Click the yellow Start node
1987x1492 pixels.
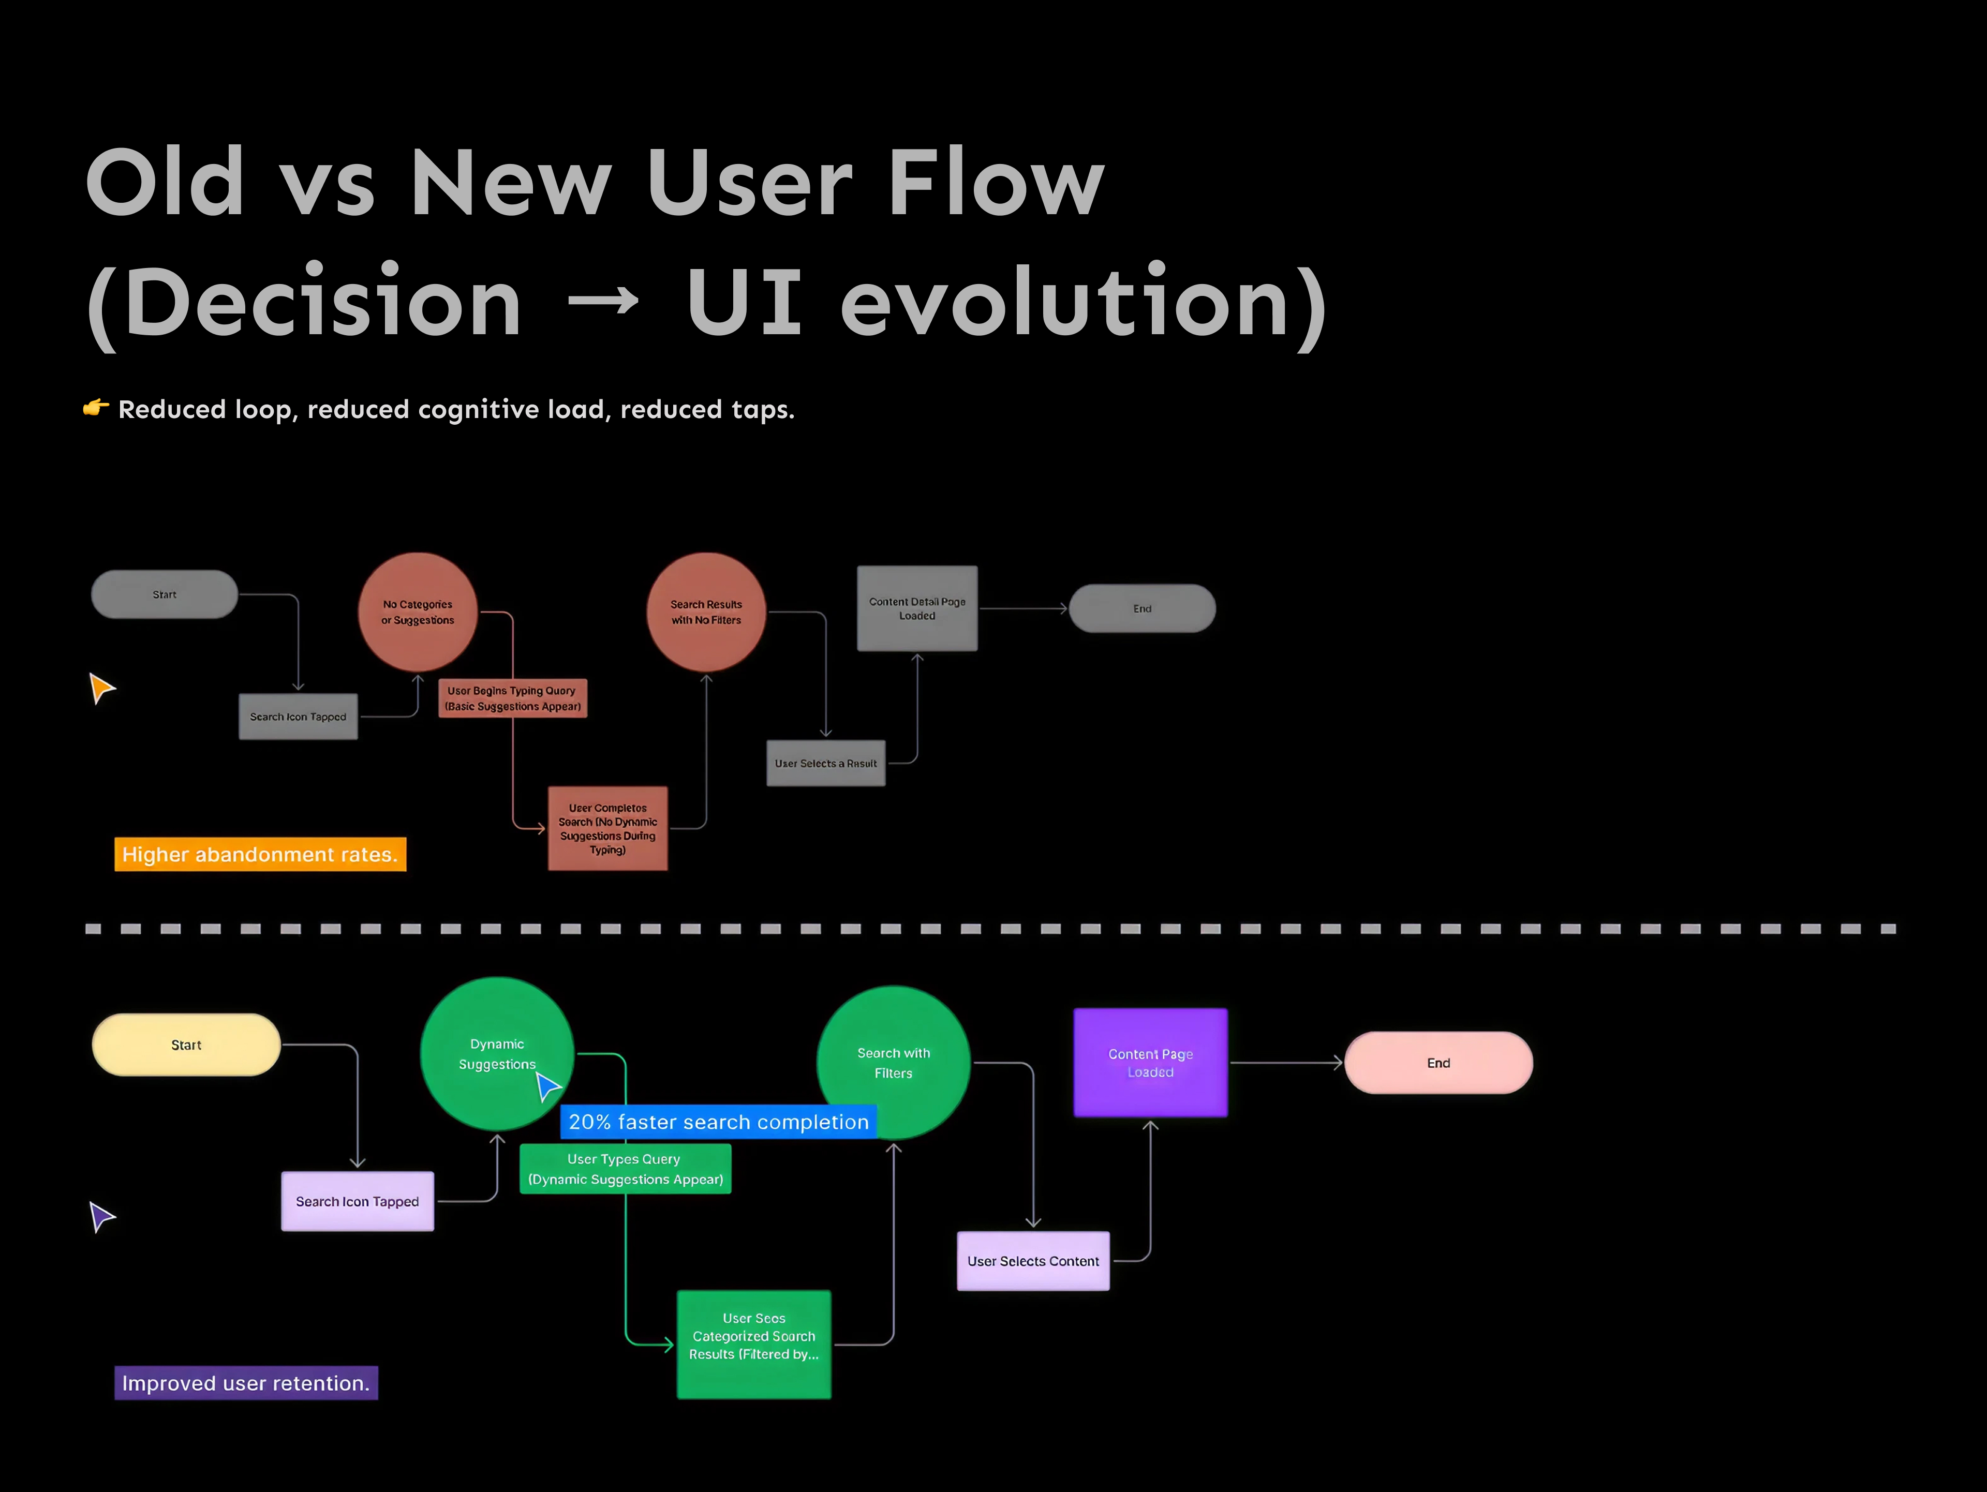(186, 1045)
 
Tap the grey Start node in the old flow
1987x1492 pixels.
(165, 594)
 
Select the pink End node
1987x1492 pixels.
(1438, 1063)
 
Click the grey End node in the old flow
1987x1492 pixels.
(1141, 609)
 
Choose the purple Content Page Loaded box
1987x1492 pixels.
(1150, 1063)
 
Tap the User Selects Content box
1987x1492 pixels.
(1033, 1261)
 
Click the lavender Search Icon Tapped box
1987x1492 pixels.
(358, 1202)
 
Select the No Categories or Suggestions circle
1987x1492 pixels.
(418, 611)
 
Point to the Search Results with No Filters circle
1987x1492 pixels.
(706, 611)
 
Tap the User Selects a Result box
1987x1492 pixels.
(825, 764)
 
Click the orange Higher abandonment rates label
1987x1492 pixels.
(260, 854)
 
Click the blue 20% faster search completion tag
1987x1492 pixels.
(719, 1122)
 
